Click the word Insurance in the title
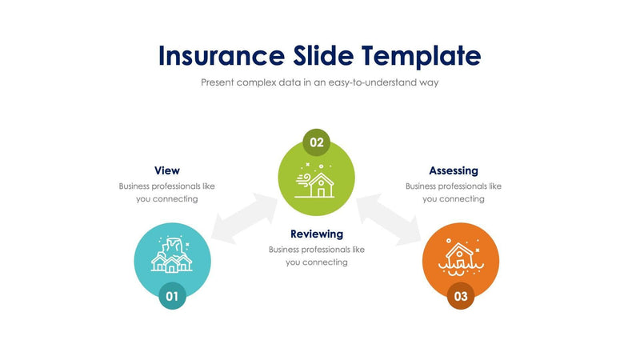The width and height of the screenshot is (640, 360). [218, 55]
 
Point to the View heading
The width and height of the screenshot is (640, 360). [167, 170]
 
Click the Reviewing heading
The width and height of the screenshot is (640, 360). [317, 234]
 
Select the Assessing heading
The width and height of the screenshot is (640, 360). [454, 170]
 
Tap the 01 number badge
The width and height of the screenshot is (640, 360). [172, 295]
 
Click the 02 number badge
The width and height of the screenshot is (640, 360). [317, 143]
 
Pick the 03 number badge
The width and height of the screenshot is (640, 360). [461, 295]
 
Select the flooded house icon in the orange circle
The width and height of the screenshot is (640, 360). [460, 258]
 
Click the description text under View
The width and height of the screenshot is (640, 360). [167, 192]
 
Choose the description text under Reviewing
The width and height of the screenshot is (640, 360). [317, 255]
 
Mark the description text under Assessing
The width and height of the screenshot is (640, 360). [454, 192]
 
